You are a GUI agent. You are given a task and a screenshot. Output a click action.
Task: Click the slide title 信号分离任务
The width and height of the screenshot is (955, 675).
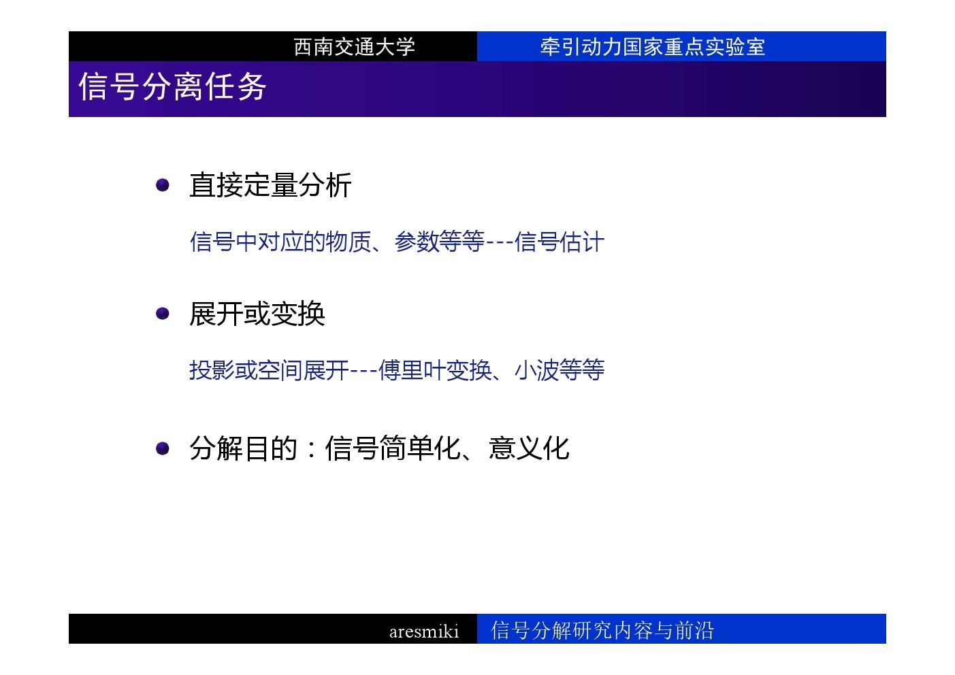(x=172, y=86)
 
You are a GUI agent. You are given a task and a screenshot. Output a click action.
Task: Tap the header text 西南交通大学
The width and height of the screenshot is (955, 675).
(x=354, y=46)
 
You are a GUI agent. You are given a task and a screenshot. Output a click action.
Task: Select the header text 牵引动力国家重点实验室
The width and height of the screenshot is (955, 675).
(x=652, y=46)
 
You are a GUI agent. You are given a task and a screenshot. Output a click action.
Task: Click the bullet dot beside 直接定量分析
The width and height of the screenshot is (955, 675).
(x=163, y=185)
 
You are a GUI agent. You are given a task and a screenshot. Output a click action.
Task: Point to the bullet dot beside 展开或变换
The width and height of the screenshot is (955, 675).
(x=163, y=314)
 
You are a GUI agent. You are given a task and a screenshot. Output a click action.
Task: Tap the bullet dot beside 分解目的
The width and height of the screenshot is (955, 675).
(x=163, y=448)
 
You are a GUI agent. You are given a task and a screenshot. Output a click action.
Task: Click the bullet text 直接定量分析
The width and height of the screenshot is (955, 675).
(x=270, y=185)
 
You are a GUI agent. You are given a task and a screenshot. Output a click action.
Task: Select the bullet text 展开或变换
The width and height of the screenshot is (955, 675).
(x=257, y=314)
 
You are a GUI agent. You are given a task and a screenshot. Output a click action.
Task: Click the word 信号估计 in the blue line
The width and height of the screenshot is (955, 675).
(x=560, y=242)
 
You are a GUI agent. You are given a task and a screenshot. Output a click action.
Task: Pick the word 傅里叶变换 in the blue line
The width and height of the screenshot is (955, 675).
(x=435, y=370)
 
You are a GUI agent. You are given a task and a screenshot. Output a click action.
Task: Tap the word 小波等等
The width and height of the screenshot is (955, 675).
(x=560, y=370)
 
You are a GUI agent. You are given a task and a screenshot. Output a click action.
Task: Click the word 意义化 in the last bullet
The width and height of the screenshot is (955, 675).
(x=529, y=448)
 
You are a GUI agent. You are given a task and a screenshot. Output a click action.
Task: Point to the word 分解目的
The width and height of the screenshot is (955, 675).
(x=243, y=448)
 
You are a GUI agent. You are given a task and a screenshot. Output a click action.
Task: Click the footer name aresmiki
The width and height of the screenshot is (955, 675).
(x=424, y=631)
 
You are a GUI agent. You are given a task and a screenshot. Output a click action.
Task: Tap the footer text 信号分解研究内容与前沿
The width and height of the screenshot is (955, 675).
(x=602, y=630)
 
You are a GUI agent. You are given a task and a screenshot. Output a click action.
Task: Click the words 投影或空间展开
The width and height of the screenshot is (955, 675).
(x=269, y=370)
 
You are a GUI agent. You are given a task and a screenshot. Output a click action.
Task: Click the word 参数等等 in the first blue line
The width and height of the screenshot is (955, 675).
(x=439, y=242)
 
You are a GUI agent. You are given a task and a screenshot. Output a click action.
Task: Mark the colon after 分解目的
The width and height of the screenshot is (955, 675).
(x=312, y=450)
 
